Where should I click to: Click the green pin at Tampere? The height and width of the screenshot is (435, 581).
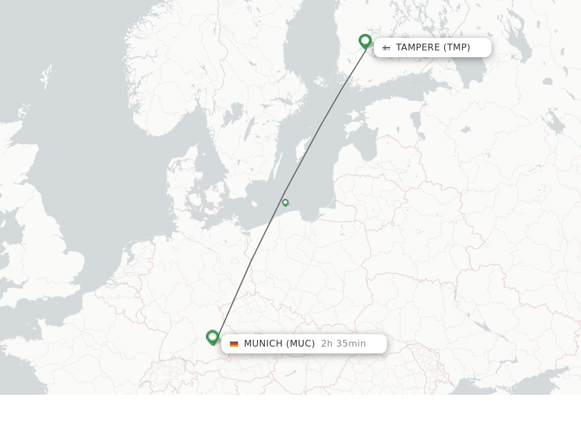point(365,41)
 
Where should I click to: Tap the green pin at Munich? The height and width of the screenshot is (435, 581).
point(213,337)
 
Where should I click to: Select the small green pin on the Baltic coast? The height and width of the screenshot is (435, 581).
point(285,202)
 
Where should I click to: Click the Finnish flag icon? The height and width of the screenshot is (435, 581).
point(386,48)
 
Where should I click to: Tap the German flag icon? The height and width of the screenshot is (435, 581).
point(234,344)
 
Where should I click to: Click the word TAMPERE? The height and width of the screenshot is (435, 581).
point(418,48)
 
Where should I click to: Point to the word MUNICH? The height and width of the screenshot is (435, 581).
point(263,344)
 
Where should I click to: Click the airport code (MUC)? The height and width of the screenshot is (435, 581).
point(300,344)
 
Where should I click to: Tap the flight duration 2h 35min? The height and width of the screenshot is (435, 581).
point(343,344)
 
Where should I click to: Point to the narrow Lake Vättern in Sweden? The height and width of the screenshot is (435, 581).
point(249,129)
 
